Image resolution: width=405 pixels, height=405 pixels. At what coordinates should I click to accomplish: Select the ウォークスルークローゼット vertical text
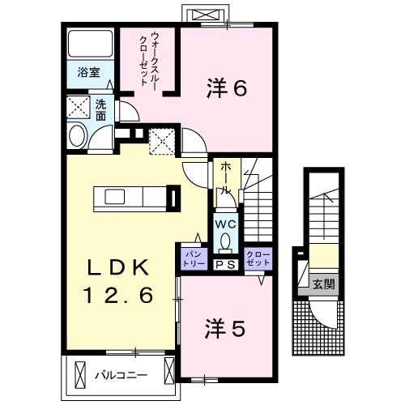[149, 59]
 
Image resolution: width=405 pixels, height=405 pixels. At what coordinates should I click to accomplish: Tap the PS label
[224, 264]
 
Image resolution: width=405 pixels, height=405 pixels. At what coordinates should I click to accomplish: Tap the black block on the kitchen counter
[172, 198]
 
